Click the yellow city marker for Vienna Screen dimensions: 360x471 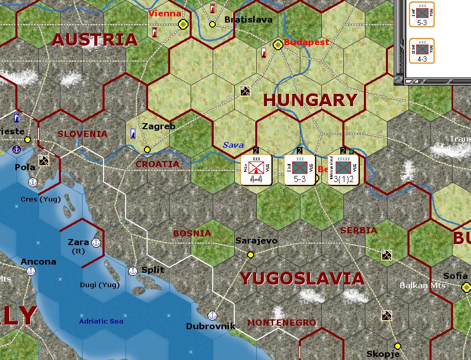[x=183, y=24]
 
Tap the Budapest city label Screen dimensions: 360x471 [x=306, y=42]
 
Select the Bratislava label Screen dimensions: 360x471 [x=249, y=20]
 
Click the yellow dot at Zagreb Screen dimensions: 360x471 [x=148, y=150]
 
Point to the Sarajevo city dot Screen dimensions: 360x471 [x=251, y=254]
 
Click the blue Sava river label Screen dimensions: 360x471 [x=233, y=145]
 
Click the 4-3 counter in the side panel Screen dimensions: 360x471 [x=422, y=51]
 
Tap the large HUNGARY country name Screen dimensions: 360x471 [x=310, y=100]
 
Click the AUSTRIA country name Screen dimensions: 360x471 [x=95, y=39]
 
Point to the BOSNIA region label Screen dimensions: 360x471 [x=192, y=233]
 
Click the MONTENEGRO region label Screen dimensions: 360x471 [x=281, y=323]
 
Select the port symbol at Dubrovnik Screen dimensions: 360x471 [x=212, y=315]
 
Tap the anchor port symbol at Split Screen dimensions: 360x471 [x=133, y=270]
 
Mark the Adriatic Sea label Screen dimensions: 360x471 [x=101, y=322]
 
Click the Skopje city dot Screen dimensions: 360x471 [x=397, y=346]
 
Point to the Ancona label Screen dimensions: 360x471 [x=38, y=262]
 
